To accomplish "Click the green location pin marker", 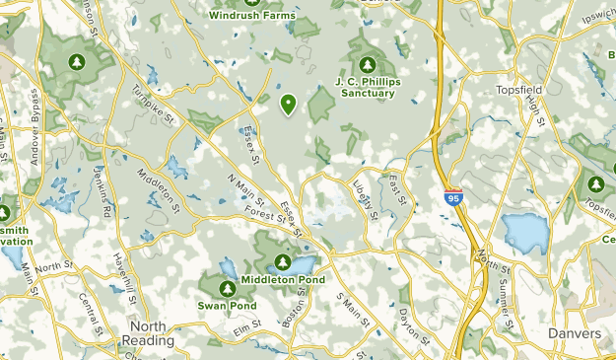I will (x=289, y=103).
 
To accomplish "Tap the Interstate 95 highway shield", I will (x=452, y=198).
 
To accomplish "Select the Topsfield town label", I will (x=518, y=89).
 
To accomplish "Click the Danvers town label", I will (x=575, y=334).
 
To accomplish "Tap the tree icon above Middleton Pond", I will (x=283, y=263).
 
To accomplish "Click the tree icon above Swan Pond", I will (x=227, y=289).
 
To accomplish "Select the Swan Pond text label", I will (x=228, y=306).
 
